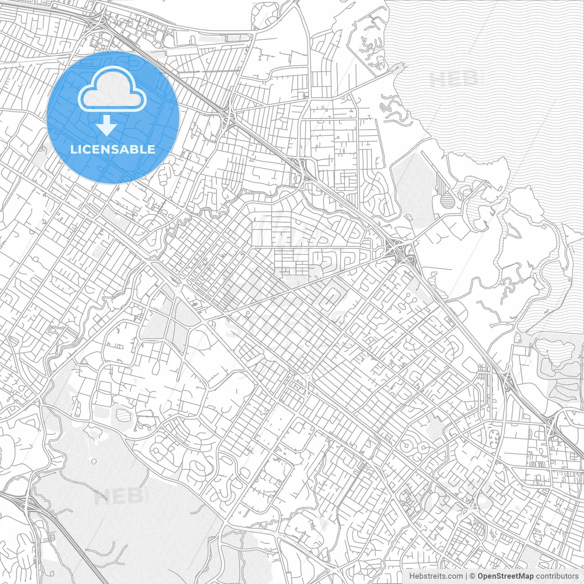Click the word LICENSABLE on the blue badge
coord(113,149)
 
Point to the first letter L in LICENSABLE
coord(73,149)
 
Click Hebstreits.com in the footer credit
coord(436,576)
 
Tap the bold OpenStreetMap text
coord(506,576)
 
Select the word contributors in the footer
coord(557,576)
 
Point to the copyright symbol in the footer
coord(473,576)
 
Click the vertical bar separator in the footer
coord(466,576)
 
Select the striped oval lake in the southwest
coord(123,415)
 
